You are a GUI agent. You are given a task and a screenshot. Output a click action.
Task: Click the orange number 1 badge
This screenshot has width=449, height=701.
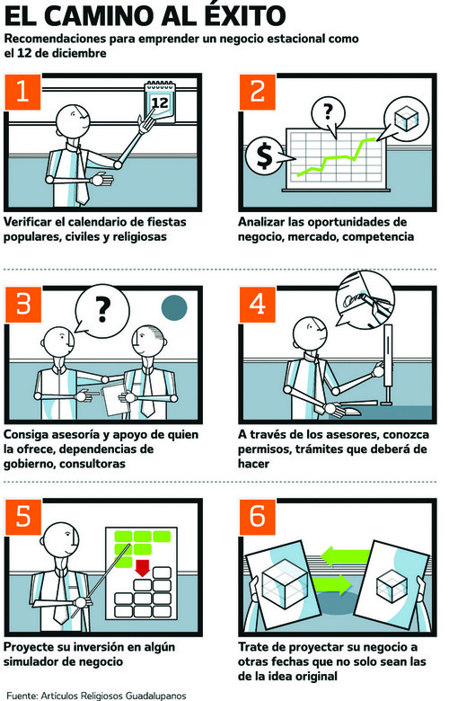pos(22,92)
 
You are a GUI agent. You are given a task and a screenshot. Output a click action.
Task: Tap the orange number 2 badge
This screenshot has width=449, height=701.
pos(258,92)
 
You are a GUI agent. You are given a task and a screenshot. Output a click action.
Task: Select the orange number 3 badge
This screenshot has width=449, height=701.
pos(22,305)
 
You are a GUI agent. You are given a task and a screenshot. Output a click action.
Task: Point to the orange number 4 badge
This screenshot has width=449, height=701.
pos(258,305)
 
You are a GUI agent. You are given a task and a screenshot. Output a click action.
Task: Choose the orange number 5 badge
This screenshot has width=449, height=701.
pos(22,517)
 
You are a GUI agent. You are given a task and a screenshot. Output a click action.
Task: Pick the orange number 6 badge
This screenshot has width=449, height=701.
pos(258,517)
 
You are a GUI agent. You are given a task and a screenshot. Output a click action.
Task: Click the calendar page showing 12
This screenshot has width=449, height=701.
pos(160,102)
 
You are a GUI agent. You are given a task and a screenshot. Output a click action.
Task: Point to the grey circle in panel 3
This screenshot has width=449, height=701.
pos(174,308)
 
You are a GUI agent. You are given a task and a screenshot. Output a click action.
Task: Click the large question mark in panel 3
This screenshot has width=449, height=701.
pos(102,310)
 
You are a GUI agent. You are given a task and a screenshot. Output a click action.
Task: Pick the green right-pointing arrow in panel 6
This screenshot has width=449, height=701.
pos(333,584)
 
